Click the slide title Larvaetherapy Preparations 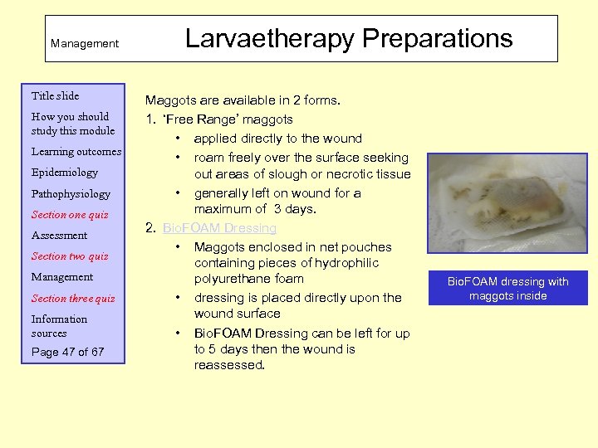349,38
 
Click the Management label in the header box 85,43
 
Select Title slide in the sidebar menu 55,96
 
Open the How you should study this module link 70,124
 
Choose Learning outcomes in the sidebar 76,152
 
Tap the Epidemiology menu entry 64,173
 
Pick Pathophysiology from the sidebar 70,194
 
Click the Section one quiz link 69,215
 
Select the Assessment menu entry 59,236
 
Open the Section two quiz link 69,256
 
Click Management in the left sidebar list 61,277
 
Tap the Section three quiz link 73,299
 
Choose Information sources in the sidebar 59,326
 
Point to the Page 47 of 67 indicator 67,352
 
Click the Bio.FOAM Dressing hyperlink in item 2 219,228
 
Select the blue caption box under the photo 507,288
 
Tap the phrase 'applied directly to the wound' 277,139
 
